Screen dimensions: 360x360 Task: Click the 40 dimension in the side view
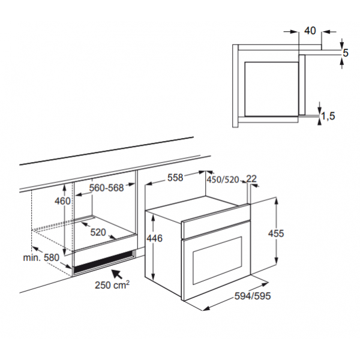click(310, 31)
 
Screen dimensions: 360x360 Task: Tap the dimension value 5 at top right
click(346, 53)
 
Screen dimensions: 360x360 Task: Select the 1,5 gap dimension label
click(328, 116)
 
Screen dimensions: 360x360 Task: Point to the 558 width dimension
click(175, 178)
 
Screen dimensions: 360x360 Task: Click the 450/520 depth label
click(223, 179)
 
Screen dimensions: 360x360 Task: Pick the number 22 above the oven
click(251, 179)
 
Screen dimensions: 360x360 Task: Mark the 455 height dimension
click(276, 233)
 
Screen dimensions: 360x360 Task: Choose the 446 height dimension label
click(155, 238)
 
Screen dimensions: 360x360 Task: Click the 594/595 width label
click(253, 296)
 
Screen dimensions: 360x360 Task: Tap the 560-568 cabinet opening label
click(106, 188)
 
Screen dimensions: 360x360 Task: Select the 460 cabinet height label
click(62, 201)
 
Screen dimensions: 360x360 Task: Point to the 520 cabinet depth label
click(98, 232)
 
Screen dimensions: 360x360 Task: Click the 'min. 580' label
click(41, 257)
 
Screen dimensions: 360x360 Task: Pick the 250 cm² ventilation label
click(112, 285)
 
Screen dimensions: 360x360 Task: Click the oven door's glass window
click(217, 260)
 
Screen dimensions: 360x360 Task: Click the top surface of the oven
click(197, 209)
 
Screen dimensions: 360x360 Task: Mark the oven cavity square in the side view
click(272, 89)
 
